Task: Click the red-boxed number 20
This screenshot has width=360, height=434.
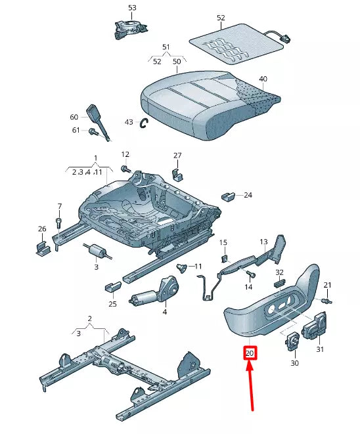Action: pyautogui.click(x=250, y=353)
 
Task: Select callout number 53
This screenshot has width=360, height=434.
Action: pyautogui.click(x=132, y=8)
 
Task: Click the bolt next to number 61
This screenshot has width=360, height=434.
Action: pyautogui.click(x=92, y=131)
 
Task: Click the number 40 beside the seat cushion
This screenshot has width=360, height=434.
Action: pyautogui.click(x=263, y=79)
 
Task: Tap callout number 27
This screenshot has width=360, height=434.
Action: pyautogui.click(x=177, y=156)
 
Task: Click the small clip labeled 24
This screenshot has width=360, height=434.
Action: pyautogui.click(x=229, y=196)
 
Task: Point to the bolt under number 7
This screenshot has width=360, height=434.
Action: pyautogui.click(x=58, y=221)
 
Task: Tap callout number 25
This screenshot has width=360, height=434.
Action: pyautogui.click(x=113, y=304)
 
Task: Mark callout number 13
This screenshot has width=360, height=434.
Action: pyautogui.click(x=263, y=242)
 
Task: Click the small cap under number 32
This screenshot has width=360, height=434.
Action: pyautogui.click(x=278, y=282)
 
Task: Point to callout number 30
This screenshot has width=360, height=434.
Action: pyautogui.click(x=294, y=363)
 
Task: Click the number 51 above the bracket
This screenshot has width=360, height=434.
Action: pyautogui.click(x=166, y=47)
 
